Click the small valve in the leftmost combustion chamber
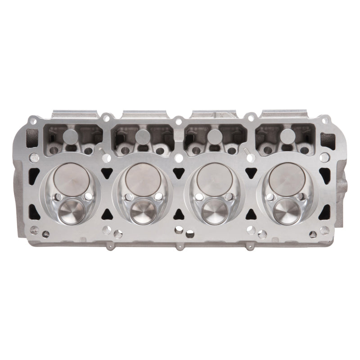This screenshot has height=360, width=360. click(70, 208)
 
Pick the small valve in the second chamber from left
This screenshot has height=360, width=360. click(142, 208)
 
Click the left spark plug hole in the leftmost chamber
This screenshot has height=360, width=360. click(57, 197)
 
